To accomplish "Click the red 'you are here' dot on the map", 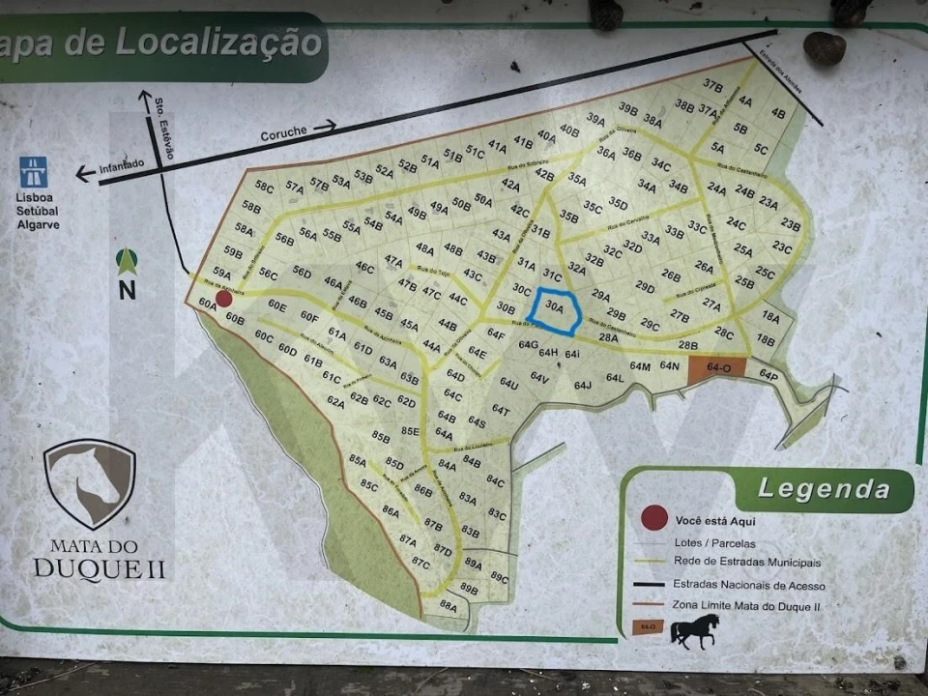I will coord(224,298).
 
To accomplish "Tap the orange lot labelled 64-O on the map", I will coord(717,368).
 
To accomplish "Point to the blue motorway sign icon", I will coord(34,172).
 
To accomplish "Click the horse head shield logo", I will coord(90,483).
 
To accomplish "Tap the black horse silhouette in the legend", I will coord(694,630).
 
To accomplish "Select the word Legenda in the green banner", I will coord(824,488).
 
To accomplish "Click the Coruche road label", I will coord(284,134).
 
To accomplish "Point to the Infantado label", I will coord(120,166).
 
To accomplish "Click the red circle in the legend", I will coord(654,517).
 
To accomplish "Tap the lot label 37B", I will coord(713,85).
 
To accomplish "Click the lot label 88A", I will coord(448,606).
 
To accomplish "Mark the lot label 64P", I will coord(768,375).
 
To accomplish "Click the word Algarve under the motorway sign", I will coord(39,224).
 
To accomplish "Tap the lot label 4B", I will coord(777,112).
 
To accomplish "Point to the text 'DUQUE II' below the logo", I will coord(99,567).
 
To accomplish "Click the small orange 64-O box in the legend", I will coord(646,627).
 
